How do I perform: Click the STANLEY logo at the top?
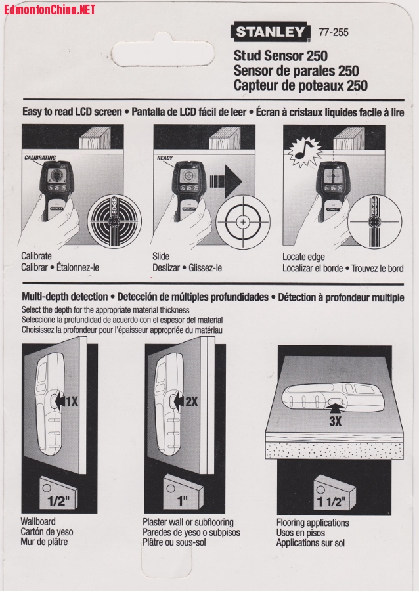click(271, 32)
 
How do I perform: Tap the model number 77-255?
click(334, 32)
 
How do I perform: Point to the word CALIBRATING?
click(40, 158)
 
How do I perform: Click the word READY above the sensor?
click(165, 158)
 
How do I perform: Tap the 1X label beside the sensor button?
click(72, 401)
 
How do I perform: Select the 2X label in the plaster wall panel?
click(192, 402)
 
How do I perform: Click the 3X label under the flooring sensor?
click(335, 421)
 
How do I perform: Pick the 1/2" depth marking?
click(58, 500)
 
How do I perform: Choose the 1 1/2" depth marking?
click(331, 502)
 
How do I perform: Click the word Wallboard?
click(38, 521)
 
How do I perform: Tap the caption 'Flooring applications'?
click(313, 523)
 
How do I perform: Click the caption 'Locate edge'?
click(303, 257)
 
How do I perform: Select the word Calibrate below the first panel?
click(37, 256)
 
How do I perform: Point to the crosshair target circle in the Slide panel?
click(243, 222)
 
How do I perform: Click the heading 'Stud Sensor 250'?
click(280, 56)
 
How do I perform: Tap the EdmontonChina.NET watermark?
click(50, 9)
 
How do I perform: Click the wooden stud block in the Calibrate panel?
click(95, 138)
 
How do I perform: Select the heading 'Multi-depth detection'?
click(65, 297)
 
